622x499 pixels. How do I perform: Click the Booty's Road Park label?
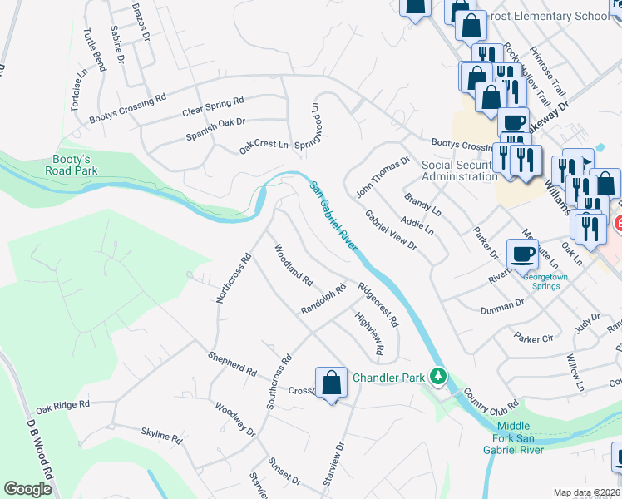(72, 165)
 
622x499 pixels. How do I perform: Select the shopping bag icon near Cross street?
(331, 383)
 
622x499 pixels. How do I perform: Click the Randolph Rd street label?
(323, 300)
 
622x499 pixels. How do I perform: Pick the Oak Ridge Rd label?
(62, 406)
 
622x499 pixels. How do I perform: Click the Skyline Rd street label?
(160, 435)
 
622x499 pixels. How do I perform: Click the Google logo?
(27, 489)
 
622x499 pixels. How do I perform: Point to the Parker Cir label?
(533, 338)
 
